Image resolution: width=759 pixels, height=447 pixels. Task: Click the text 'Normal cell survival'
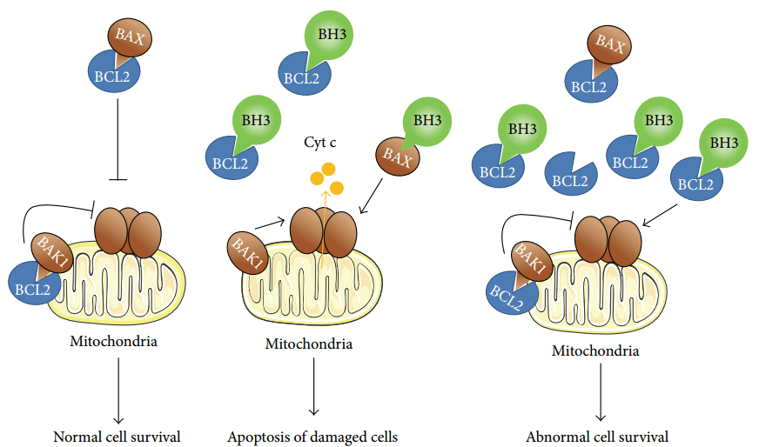pyautogui.click(x=117, y=437)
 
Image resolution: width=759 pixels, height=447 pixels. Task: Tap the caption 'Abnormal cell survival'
pyautogui.click(x=597, y=437)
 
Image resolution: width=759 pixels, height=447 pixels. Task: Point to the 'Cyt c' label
pyautogui.click(x=320, y=142)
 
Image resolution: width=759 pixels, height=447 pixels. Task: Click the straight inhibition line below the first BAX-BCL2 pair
pyautogui.click(x=117, y=139)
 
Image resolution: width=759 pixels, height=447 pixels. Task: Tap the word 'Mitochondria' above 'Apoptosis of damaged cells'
pyautogui.click(x=308, y=344)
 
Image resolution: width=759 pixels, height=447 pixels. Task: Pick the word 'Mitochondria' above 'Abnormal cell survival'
pyautogui.click(x=595, y=351)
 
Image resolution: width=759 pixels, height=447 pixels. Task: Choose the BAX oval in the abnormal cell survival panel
pyautogui.click(x=609, y=46)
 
